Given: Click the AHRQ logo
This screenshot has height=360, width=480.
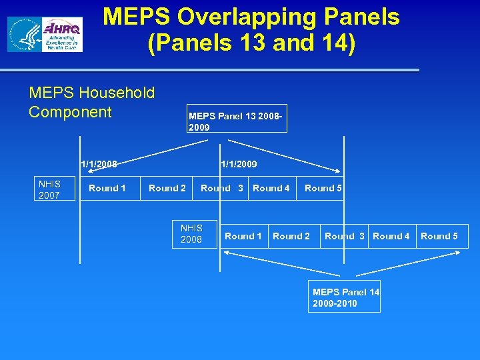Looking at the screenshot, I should (62, 35).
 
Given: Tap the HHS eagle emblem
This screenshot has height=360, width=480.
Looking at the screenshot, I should (25, 35).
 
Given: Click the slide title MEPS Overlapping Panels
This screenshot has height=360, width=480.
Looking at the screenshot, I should (251, 17).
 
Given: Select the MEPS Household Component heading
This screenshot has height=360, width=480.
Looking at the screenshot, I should (91, 102).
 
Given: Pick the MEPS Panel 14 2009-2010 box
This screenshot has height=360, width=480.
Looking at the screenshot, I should (345, 297).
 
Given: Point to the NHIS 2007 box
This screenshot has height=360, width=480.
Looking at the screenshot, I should (49, 189).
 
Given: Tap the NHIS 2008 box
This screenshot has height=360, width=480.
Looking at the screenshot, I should (191, 233).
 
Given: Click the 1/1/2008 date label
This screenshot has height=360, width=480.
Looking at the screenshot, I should (99, 164).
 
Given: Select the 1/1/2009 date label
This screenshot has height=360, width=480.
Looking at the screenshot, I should (239, 164).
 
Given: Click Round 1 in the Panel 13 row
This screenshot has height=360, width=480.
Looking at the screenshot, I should (107, 188).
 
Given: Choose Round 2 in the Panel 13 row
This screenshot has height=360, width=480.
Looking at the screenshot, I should (167, 188).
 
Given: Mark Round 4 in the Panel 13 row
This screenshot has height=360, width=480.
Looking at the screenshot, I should (271, 188).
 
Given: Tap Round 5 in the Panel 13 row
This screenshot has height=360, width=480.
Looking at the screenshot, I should (323, 188).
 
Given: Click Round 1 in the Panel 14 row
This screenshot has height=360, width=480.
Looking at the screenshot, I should (243, 236).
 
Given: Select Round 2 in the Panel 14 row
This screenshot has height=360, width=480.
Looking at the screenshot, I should (291, 236).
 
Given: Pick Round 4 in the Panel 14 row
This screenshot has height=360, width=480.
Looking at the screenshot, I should (391, 236).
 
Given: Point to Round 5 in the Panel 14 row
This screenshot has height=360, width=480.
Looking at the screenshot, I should (439, 236).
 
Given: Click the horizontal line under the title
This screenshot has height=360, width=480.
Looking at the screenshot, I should (210, 70).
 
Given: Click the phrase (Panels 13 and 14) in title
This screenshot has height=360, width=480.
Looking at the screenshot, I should (251, 44).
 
